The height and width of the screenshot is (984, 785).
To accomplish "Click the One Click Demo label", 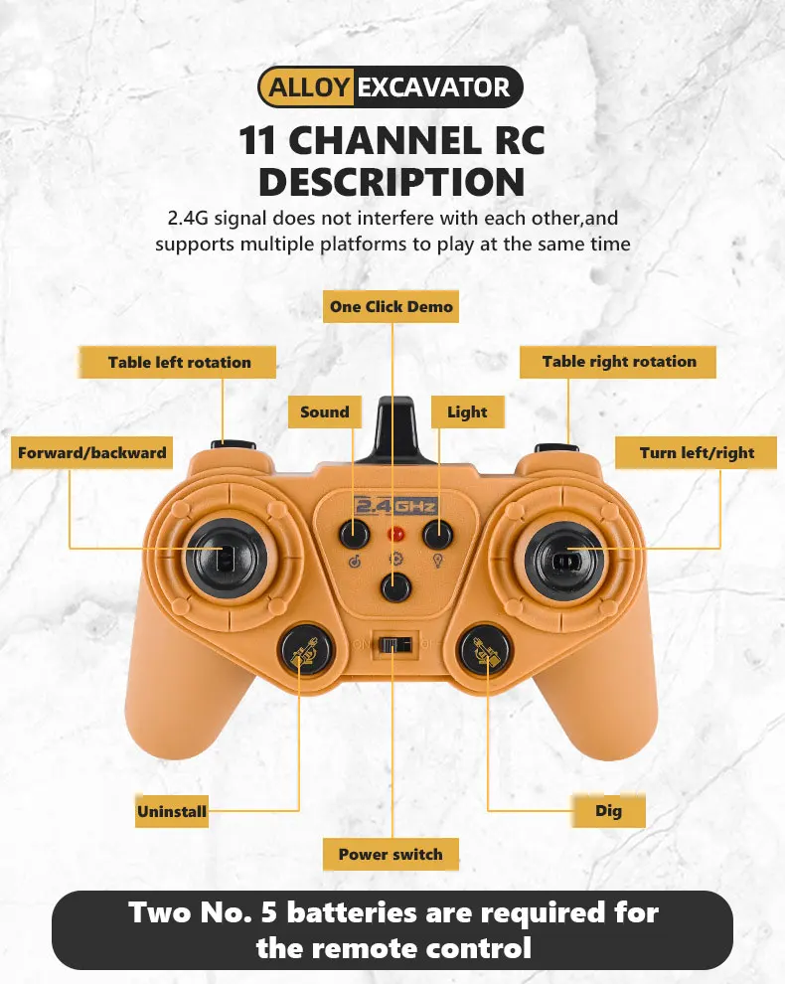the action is (x=391, y=307).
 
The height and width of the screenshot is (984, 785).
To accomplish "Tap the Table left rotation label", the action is (x=179, y=363).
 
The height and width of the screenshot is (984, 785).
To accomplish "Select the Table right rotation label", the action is (x=618, y=362).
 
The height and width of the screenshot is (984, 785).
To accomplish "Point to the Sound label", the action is (x=324, y=411).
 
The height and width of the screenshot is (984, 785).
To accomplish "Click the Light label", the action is (x=467, y=411).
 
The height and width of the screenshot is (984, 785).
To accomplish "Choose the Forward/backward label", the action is (x=91, y=453).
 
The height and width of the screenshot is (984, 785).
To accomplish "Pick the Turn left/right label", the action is (x=697, y=453).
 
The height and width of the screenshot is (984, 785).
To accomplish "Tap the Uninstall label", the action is (x=172, y=812).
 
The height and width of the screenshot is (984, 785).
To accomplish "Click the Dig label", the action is (x=608, y=811).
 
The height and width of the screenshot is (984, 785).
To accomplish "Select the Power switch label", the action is (x=391, y=854).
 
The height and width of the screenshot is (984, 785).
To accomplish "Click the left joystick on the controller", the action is (x=221, y=556).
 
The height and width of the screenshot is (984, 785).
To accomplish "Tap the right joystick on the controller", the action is (x=563, y=557).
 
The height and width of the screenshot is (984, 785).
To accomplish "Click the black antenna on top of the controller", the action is (x=397, y=427).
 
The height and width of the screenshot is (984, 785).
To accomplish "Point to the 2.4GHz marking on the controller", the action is (x=395, y=506).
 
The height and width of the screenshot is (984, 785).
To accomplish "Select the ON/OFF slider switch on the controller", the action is (x=394, y=644).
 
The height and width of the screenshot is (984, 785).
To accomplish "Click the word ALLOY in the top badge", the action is (x=308, y=87).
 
